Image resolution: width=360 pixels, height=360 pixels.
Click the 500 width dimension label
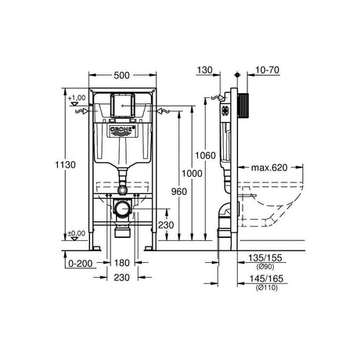tap(121, 75)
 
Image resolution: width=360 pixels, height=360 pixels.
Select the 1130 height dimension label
tap(66, 165)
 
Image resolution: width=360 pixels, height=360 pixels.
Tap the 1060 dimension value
tap(206, 156)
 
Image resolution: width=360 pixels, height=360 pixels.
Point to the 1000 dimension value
tap(192, 174)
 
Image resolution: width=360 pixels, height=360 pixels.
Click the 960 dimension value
tap(179, 192)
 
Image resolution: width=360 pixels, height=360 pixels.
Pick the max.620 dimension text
tap(269, 167)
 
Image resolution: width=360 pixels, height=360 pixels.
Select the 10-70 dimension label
tap(267, 70)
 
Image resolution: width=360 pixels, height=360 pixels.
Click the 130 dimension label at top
tap(205, 70)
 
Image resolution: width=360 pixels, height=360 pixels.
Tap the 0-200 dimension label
tap(81, 264)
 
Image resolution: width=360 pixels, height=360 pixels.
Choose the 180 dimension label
tap(122, 263)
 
